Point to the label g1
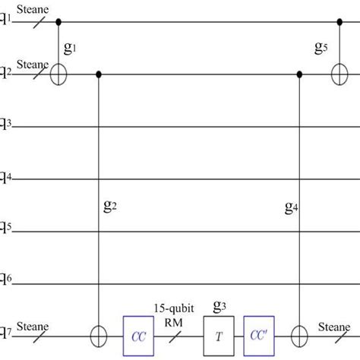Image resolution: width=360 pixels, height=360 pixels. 70,48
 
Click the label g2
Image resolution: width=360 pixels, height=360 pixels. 110,204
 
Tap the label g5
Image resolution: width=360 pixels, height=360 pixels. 322,48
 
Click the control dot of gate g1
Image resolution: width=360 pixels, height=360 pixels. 59,23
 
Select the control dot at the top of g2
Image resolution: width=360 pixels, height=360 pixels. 100,74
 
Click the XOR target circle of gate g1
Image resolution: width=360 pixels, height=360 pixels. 59,74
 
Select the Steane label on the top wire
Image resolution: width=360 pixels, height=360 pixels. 29,8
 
